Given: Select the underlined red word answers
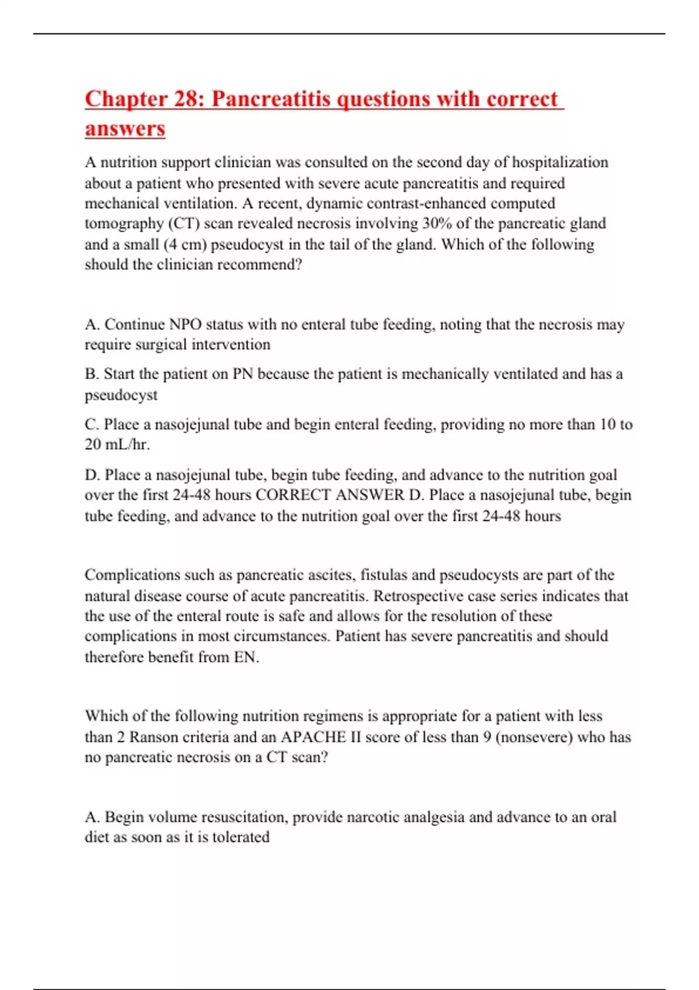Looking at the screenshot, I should pos(125,128).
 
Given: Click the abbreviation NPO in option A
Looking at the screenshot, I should pos(185,324).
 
